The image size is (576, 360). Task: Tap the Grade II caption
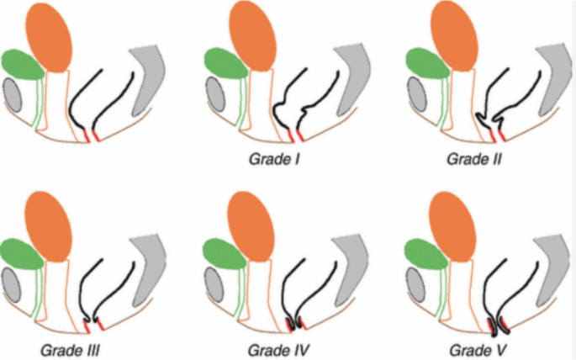474,158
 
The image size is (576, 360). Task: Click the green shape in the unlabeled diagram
22,64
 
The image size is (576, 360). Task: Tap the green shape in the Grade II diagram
425,64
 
